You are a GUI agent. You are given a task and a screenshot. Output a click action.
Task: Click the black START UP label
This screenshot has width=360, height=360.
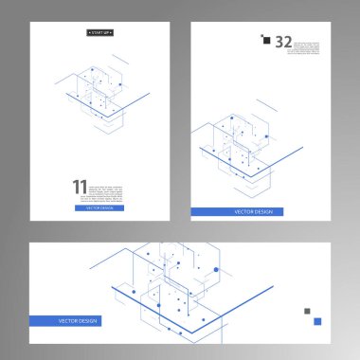99,32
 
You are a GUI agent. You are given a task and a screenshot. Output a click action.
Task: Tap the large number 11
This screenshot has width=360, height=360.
79,189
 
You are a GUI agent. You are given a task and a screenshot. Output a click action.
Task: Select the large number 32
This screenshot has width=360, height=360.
283,42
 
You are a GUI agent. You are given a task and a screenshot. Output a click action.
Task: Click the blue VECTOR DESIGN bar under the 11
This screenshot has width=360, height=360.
99,207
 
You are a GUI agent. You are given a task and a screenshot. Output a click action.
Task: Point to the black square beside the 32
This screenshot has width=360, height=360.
265,39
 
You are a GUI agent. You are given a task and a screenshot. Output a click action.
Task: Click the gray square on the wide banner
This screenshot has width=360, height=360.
307,311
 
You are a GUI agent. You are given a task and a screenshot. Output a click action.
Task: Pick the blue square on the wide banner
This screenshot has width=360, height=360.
317,321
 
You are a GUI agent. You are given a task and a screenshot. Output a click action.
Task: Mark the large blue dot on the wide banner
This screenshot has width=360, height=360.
216,270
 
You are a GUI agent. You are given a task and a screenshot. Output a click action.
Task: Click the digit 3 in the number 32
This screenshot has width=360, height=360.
279,42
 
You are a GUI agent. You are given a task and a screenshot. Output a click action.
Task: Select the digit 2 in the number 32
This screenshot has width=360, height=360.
288,42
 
